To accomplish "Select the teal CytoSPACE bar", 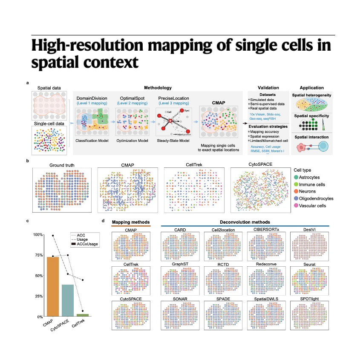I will coord(68,300).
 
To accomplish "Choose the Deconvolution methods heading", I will coord(245,222).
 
